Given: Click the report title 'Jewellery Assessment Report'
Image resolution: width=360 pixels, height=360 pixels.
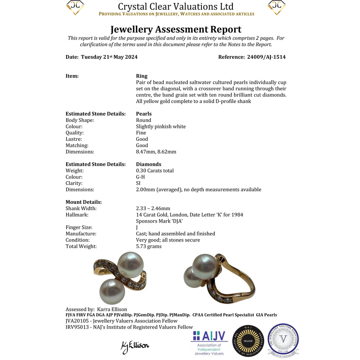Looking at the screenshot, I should [176, 29].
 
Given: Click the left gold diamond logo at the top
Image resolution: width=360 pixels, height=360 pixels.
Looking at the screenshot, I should [76, 7].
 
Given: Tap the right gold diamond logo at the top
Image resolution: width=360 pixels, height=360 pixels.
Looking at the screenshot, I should [277, 7].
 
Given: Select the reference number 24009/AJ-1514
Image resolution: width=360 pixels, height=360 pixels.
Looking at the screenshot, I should [266, 57].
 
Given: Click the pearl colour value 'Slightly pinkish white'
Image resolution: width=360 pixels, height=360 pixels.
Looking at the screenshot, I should [161, 126].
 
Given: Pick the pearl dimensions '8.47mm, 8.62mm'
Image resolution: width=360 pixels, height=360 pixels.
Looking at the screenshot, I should [156, 151].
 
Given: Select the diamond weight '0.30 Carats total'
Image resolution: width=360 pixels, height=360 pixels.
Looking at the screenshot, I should [155, 171].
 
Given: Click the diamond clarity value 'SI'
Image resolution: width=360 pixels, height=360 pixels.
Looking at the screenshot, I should [138, 183].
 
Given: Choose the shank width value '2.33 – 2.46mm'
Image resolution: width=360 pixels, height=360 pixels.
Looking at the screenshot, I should [153, 209].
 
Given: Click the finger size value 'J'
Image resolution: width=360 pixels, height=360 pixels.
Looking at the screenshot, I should [137, 227].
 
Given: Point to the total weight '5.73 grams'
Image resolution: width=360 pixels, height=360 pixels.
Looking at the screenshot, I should [149, 246].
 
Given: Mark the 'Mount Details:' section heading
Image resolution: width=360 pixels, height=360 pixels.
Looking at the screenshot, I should [84, 202].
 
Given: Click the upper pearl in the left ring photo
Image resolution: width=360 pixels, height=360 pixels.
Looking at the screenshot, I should [131, 265].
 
